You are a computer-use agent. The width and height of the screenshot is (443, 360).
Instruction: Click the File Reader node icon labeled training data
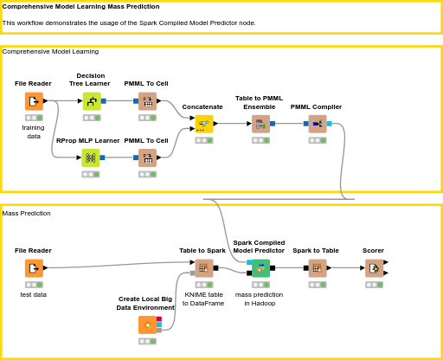pyautogui.click(x=34, y=101)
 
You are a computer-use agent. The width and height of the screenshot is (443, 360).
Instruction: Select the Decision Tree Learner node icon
pyautogui.click(x=91, y=101)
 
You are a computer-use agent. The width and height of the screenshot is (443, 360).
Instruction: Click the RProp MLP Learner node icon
pyautogui.click(x=91, y=157)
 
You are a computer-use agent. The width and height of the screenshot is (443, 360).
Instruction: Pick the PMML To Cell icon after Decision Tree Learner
pyautogui.click(x=147, y=101)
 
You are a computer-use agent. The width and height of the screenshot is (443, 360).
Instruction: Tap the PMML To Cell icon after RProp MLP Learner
pyautogui.click(x=147, y=157)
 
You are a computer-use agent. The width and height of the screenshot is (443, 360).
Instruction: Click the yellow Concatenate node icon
pyautogui.click(x=203, y=124)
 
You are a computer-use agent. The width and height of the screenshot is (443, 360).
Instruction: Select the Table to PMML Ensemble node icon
pyautogui.click(x=260, y=124)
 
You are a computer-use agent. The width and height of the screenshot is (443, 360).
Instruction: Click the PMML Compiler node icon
pyautogui.click(x=317, y=124)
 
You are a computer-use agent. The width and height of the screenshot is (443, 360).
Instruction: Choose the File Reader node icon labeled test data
pyautogui.click(x=34, y=268)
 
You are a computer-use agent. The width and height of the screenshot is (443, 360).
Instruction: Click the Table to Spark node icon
pyautogui.click(x=203, y=268)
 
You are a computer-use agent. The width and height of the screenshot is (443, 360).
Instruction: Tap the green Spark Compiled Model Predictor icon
pyautogui.click(x=260, y=268)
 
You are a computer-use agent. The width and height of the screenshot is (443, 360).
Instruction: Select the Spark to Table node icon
pyautogui.click(x=317, y=268)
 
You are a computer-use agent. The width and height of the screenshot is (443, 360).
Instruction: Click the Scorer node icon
pyautogui.click(x=374, y=268)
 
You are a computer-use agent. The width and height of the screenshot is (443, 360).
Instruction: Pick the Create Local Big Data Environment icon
pyautogui.click(x=147, y=325)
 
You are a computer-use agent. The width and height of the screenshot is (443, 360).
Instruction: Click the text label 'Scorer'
pyautogui.click(x=374, y=250)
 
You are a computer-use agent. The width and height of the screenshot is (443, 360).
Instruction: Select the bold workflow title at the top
pyautogui.click(x=80, y=6)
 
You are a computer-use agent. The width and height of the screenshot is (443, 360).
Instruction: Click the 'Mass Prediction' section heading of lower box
pyautogui.click(x=26, y=213)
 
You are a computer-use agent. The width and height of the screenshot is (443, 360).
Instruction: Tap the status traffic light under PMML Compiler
pyautogui.click(x=317, y=140)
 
